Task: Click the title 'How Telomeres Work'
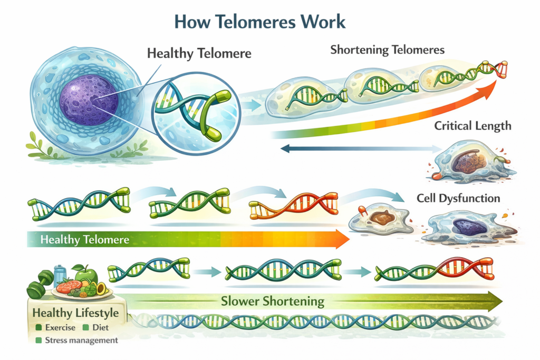pyautogui.click(x=260, y=22)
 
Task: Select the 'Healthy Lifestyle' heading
pyautogui.click(x=75, y=313)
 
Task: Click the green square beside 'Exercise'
pyautogui.click(x=38, y=327)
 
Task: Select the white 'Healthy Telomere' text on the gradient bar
pyautogui.click(x=84, y=240)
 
